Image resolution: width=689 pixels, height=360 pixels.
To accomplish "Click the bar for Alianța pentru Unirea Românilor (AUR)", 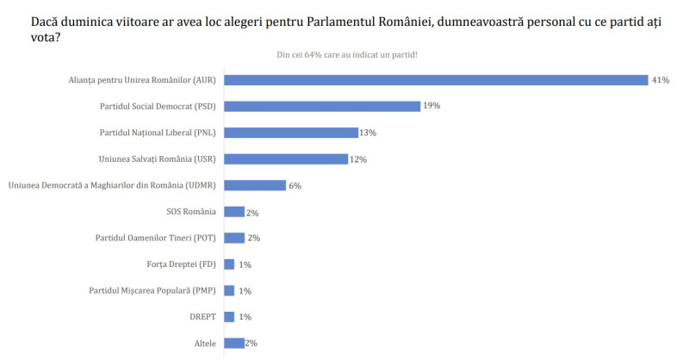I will click(x=435, y=80).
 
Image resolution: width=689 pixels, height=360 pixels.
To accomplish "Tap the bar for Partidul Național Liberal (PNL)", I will click(x=290, y=133).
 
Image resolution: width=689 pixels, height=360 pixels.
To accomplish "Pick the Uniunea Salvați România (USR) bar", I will click(x=285, y=159).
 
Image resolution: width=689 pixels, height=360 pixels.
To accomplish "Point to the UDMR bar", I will click(x=254, y=185).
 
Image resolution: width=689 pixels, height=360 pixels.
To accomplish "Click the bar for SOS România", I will click(x=233, y=212).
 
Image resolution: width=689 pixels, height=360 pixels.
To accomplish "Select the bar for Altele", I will click(x=233, y=343).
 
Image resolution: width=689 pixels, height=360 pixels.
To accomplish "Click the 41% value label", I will click(x=661, y=80).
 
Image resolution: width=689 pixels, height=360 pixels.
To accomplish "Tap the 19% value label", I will click(x=431, y=106).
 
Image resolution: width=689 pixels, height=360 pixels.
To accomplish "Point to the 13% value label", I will click(x=368, y=133).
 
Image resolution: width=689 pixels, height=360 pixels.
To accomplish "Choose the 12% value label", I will click(x=358, y=159).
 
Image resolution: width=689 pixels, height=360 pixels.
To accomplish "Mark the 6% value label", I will click(x=295, y=185).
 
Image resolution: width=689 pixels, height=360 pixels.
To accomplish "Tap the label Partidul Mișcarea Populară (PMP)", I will click(x=152, y=290).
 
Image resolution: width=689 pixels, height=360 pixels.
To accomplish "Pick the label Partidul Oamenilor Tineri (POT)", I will click(x=155, y=238).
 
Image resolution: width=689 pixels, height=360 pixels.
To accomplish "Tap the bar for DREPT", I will click(x=228, y=317).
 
